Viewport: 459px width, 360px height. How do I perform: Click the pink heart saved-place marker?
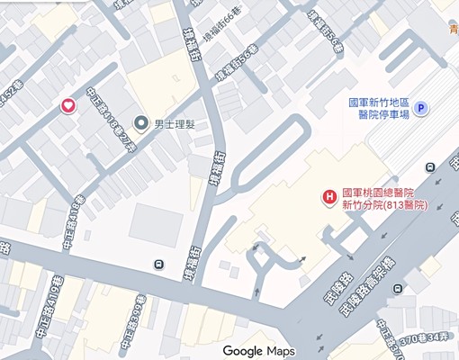point(67,106)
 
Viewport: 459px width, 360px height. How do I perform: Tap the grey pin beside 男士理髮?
point(140,122)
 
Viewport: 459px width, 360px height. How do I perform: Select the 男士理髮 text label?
point(175,122)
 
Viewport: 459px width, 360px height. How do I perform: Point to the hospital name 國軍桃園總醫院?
point(377,192)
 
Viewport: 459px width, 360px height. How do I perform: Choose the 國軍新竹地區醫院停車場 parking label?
point(379,109)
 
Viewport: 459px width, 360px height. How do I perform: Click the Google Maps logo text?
point(259,350)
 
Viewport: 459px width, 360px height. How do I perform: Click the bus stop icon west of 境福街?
point(158,264)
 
